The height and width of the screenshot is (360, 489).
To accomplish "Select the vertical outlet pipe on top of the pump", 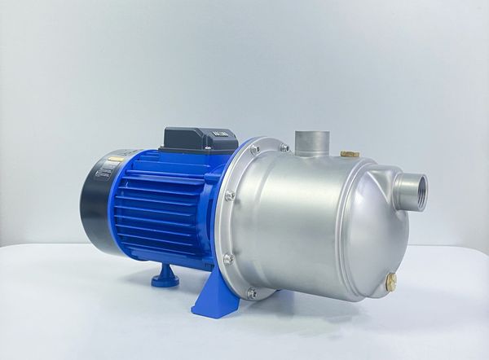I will tap(312, 142).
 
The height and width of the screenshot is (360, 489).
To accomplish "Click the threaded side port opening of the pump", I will tap(413, 191).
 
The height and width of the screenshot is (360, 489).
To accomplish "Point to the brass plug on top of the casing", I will tap(350, 152).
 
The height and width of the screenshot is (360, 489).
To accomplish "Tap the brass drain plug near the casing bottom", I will tap(391, 282).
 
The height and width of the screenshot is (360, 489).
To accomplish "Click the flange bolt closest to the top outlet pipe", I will tap(284, 147).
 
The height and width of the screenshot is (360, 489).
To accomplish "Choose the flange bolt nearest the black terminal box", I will tap(255, 149).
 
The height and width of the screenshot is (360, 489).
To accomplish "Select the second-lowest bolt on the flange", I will tap(229, 259).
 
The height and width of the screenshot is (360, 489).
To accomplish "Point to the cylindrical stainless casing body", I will tap(310, 220).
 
